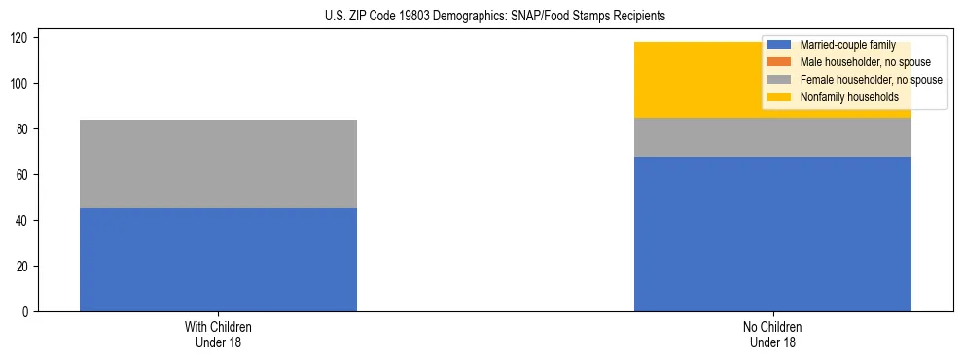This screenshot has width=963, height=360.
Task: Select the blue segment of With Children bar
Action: [218, 260]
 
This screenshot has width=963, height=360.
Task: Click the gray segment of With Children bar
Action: [218, 163]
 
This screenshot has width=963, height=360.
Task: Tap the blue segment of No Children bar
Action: [772, 234]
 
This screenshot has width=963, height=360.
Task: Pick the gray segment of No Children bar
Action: [772, 137]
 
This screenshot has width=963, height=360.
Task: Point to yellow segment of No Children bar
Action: [700, 80]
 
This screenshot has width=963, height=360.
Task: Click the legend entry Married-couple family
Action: [847, 45]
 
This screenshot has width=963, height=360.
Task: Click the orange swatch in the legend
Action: [779, 62]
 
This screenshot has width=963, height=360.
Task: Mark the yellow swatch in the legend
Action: [779, 97]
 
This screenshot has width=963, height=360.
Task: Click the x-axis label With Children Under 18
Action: [218, 334]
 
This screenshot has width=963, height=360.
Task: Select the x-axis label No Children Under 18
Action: [772, 334]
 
